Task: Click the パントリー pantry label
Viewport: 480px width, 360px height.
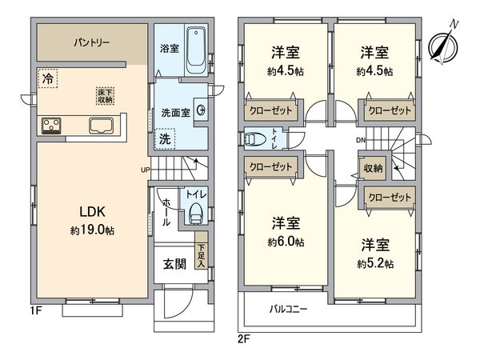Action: point(93,41)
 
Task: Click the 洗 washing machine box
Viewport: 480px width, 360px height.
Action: point(163,137)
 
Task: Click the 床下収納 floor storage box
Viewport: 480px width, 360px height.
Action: point(106,95)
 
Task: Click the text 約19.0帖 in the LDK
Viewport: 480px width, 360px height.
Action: point(93,229)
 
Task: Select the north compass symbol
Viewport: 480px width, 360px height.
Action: point(441,45)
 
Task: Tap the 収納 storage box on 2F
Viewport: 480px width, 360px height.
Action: point(374,169)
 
